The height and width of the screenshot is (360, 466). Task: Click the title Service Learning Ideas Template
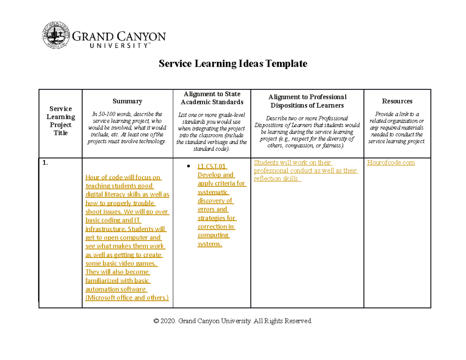click(233, 63)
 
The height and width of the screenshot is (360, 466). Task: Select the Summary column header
click(127, 101)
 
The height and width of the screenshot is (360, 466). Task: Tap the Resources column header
click(397, 101)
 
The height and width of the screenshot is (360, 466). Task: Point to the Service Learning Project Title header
click(60, 121)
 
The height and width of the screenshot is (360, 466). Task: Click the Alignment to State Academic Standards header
click(212, 98)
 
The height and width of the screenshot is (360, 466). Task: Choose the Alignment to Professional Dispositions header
click(307, 101)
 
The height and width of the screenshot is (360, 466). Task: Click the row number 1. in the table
click(45, 163)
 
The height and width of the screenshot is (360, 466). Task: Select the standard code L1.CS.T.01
click(212, 167)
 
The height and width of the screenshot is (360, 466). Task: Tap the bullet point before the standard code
click(188, 166)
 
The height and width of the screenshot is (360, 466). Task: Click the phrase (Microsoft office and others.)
click(127, 298)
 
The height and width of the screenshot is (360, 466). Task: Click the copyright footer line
click(233, 321)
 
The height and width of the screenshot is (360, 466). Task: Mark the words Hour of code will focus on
click(123, 177)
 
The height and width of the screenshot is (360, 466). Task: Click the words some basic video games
click(121, 263)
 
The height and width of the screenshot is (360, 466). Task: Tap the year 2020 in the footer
click(168, 321)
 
